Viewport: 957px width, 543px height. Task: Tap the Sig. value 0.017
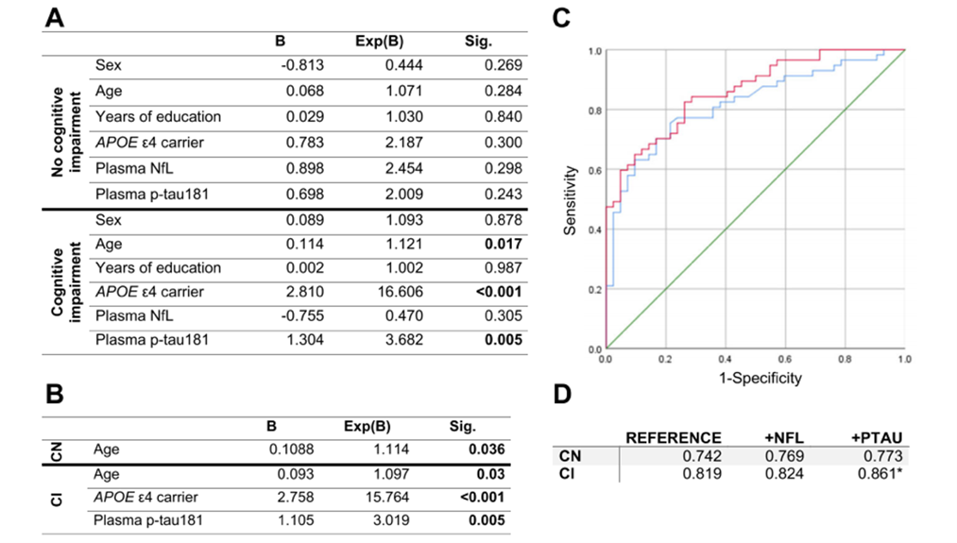[x=504, y=244]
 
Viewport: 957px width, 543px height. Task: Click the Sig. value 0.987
[x=503, y=268]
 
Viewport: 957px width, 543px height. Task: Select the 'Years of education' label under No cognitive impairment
[x=158, y=117]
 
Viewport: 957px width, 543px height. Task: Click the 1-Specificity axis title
[x=755, y=378]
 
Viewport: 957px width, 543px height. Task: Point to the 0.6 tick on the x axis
[x=785, y=357]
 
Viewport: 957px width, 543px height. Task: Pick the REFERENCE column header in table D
[x=674, y=437]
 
